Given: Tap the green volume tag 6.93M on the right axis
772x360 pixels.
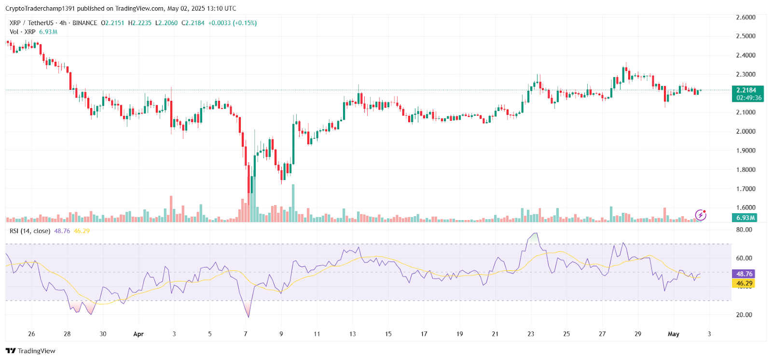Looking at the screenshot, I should [745, 218].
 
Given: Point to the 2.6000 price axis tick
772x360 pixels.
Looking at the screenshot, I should [745, 17].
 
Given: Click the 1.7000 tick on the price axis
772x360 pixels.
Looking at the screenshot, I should [745, 189].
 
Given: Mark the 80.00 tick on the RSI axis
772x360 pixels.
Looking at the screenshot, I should [744, 230].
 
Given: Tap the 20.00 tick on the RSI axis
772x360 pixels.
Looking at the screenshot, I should [744, 315].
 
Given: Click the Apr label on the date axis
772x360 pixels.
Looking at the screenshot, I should [138, 334].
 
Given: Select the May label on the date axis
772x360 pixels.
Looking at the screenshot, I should [674, 334].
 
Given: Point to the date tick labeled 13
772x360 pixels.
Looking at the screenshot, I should [353, 334].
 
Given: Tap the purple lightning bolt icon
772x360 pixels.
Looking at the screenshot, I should [701, 215].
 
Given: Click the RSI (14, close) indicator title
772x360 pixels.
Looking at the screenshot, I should [30, 231].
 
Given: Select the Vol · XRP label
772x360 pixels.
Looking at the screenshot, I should [22, 32].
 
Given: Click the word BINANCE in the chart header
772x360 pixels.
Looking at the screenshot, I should [85, 23].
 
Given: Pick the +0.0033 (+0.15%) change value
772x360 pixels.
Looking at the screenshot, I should [233, 23].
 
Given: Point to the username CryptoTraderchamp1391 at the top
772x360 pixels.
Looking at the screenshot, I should [40, 8].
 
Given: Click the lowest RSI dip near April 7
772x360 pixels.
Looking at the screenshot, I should [249, 317].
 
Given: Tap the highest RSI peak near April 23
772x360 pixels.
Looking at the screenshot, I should [534, 234].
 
